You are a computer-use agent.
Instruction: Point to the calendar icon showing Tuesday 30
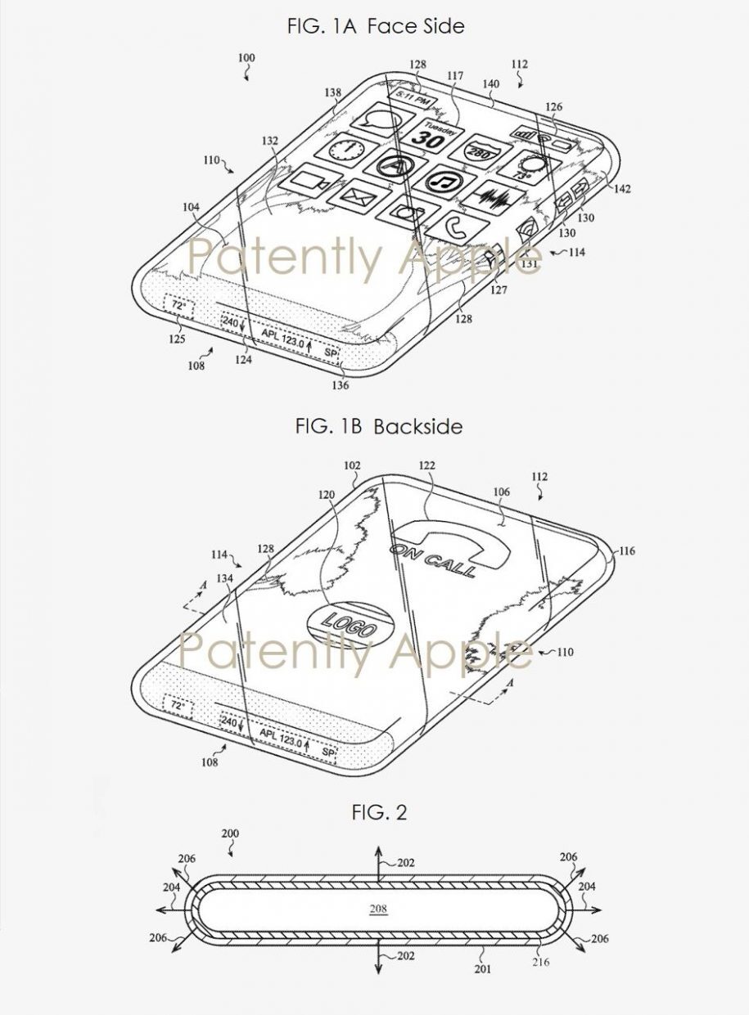tap(435, 134)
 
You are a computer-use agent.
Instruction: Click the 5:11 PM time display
tap(412, 97)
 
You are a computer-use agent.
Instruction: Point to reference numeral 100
tap(246, 58)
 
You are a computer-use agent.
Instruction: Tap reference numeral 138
tap(332, 94)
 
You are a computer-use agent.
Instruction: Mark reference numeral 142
tap(621, 189)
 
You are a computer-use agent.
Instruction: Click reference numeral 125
tap(175, 339)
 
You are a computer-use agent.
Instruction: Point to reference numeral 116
tap(628, 551)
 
